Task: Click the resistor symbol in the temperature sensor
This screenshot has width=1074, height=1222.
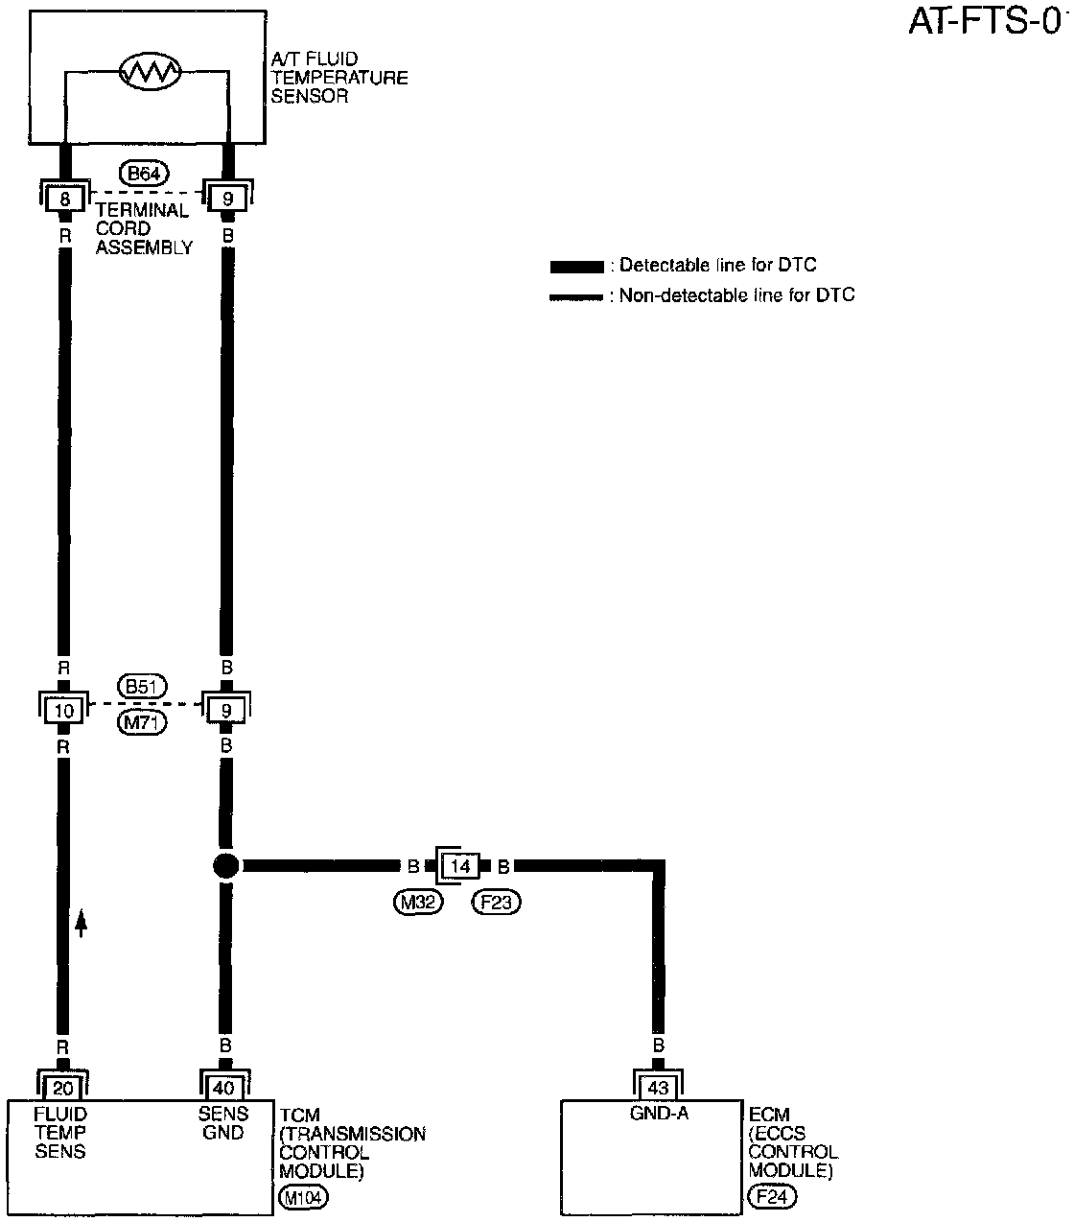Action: [149, 71]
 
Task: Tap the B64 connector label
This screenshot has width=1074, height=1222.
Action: [144, 174]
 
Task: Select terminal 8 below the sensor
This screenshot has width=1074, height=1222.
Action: [65, 200]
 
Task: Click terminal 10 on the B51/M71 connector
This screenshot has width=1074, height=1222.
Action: [64, 711]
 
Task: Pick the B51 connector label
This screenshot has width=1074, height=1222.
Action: [143, 687]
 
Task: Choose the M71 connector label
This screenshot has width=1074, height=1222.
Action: [143, 722]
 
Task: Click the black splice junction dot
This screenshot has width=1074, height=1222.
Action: [225, 866]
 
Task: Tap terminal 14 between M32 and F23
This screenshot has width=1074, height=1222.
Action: [461, 867]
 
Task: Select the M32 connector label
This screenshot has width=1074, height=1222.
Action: [418, 902]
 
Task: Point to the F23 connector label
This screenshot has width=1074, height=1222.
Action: [496, 902]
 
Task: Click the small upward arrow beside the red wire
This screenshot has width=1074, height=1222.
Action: [82, 923]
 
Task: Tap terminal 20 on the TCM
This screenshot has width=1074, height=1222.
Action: [63, 1089]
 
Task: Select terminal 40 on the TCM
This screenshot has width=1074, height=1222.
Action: [224, 1089]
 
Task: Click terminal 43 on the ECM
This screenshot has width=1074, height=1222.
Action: [658, 1089]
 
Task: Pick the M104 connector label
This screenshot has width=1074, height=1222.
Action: [302, 1197]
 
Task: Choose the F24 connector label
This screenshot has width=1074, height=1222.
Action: [772, 1197]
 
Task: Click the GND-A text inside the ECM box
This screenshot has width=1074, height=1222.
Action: [658, 1114]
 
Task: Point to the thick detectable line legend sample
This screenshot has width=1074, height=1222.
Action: [576, 266]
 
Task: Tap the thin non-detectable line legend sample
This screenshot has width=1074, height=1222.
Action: [576, 297]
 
